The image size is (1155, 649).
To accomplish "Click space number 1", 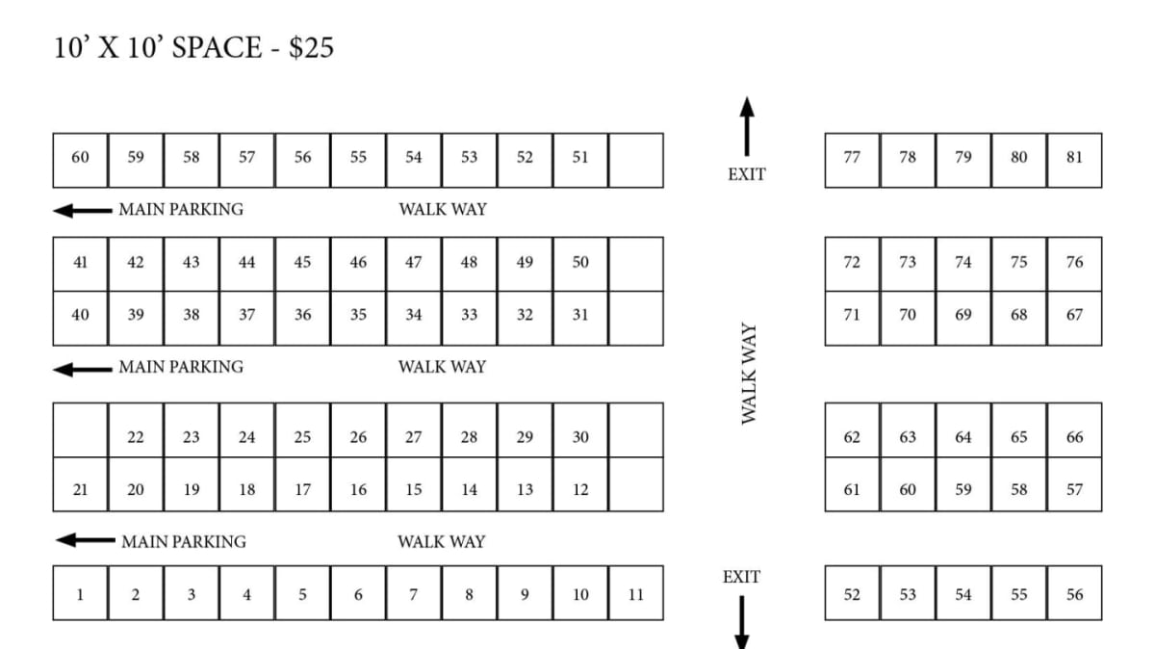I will click(x=80, y=594).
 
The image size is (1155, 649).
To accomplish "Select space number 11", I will click(x=635, y=594).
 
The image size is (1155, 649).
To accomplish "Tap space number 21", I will click(x=80, y=489).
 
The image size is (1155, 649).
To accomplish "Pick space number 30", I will click(x=580, y=437).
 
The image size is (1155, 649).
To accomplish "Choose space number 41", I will click(x=80, y=262).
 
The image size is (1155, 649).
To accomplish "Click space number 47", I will click(x=413, y=262).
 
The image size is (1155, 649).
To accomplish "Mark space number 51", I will click(x=580, y=157).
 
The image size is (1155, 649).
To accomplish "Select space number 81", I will click(x=1074, y=157).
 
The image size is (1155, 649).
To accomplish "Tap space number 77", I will click(x=852, y=157).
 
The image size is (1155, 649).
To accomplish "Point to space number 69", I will click(x=963, y=314).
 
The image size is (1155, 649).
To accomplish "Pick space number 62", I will click(x=852, y=437).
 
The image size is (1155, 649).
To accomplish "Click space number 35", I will click(x=358, y=314).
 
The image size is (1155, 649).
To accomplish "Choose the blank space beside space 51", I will click(x=636, y=160).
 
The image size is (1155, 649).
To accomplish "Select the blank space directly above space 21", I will click(x=80, y=429).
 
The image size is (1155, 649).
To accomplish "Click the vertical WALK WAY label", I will click(x=748, y=374).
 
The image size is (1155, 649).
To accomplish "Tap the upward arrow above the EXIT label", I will click(x=747, y=125).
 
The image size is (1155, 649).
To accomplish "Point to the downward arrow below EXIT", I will click(x=741, y=621).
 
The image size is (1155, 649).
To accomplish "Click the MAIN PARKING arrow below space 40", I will click(x=83, y=368).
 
